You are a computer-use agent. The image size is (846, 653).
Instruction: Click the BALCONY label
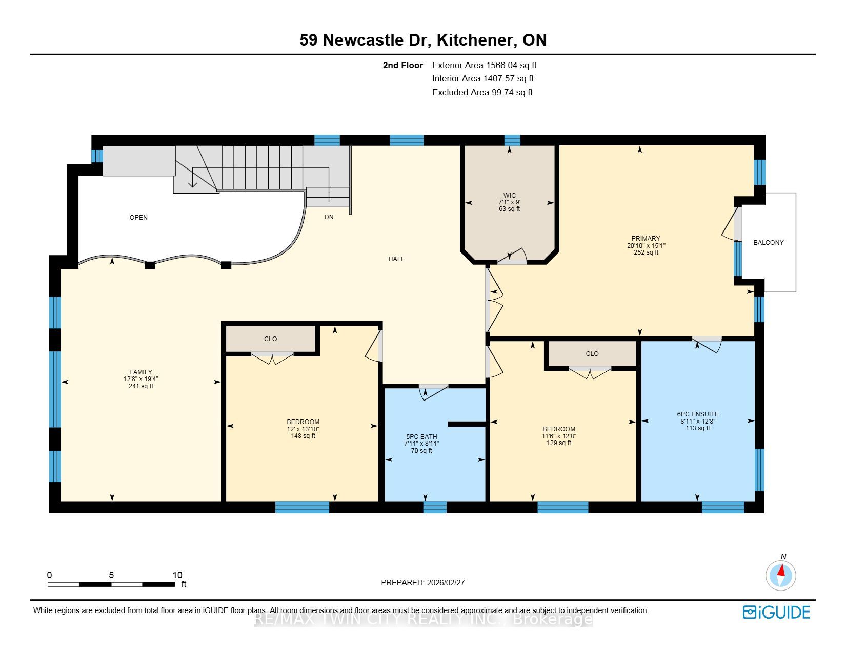coord(768,243)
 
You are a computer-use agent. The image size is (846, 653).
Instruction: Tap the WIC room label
coord(509,196)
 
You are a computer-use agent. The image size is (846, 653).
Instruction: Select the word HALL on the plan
coord(396,259)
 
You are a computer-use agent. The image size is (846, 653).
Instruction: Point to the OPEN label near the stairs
coord(138,217)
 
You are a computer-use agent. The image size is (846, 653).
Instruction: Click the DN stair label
coord(329,217)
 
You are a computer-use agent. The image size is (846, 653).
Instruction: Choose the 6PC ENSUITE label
coord(698,414)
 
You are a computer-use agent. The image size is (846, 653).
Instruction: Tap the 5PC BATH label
coord(421,437)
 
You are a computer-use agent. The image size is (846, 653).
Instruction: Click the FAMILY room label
coord(140,372)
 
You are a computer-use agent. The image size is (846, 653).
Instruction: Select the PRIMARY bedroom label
coord(646,239)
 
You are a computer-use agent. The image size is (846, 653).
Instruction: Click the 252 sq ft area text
coord(646,252)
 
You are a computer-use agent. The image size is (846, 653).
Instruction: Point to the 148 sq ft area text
coord(303,436)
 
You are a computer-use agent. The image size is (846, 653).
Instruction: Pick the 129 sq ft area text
coord(559,443)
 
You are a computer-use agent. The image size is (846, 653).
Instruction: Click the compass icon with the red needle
coord(780,576)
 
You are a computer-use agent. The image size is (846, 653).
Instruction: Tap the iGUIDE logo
coord(776,612)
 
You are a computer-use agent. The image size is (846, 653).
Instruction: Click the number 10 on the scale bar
coord(177,575)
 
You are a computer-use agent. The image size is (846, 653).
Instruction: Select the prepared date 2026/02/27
coord(446,583)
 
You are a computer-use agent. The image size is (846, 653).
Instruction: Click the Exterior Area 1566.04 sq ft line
coord(485,66)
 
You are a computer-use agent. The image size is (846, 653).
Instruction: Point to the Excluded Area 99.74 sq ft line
coord(482,93)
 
